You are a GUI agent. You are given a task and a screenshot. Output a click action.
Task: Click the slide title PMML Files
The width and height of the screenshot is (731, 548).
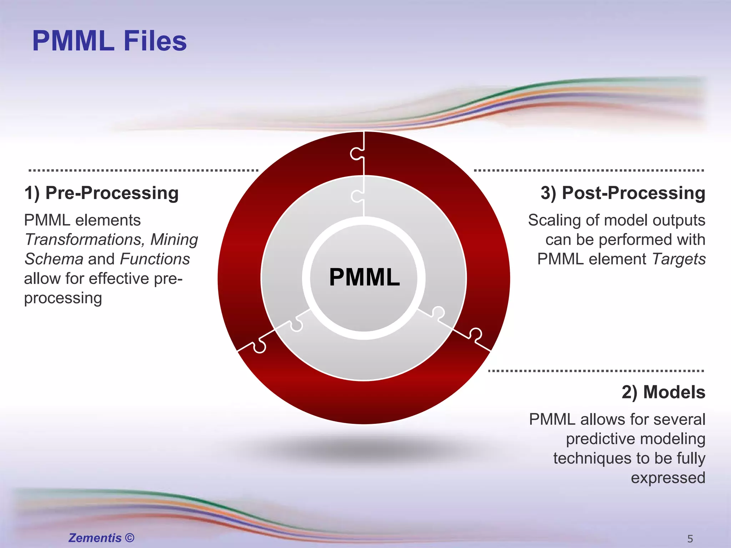click(109, 41)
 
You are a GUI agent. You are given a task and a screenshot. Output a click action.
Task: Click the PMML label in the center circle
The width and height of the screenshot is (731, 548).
click(364, 277)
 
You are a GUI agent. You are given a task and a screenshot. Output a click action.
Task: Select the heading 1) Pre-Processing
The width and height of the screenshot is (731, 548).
click(101, 193)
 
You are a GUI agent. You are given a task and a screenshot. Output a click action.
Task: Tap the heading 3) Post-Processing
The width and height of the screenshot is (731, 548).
click(622, 193)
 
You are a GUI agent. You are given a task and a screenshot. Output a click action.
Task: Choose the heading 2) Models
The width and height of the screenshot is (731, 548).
click(663, 392)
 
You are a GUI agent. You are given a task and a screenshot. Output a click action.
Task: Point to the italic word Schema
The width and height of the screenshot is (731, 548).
click(54, 259)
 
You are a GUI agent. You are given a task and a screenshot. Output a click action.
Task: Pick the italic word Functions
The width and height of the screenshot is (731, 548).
click(155, 259)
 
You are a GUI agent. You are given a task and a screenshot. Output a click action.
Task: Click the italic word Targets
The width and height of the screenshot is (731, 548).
click(679, 259)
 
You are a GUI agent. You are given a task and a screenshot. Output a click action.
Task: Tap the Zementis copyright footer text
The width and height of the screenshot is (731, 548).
click(101, 538)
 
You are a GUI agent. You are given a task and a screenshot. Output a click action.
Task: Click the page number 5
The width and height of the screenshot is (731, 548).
click(690, 539)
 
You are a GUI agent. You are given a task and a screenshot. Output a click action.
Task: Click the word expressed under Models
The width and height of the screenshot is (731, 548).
click(668, 478)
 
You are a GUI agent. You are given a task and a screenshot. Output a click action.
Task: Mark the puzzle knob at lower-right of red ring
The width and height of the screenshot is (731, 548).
click(475, 334)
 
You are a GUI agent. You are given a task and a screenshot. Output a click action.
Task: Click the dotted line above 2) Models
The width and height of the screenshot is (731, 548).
click(596, 371)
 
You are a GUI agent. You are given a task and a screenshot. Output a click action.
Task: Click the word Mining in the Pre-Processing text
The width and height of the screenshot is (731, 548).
click(174, 239)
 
